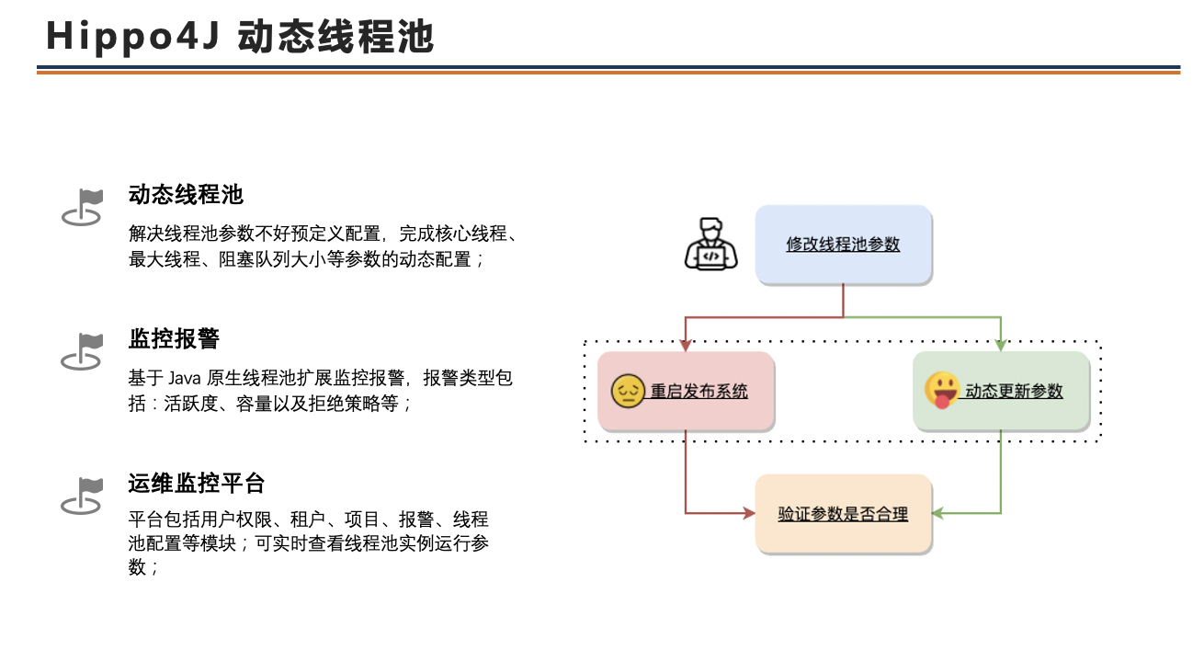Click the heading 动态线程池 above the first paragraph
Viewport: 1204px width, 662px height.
tap(186, 195)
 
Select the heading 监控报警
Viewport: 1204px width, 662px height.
tap(174, 338)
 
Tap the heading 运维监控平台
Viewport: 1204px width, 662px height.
tap(197, 483)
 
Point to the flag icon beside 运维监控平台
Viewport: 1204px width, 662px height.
tap(82, 496)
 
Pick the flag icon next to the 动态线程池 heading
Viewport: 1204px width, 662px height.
tap(82, 207)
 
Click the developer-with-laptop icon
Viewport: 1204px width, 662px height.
tap(710, 245)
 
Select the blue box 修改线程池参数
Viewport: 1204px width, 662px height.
tap(843, 245)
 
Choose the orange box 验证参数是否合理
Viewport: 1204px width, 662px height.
tap(843, 514)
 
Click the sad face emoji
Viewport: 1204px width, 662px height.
tap(629, 392)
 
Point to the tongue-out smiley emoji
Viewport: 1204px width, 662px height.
tap(942, 390)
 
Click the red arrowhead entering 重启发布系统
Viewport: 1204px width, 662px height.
tap(686, 345)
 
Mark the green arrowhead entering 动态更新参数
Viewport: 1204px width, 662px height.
tap(1001, 345)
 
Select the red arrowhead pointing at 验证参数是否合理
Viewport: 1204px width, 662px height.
tap(748, 513)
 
